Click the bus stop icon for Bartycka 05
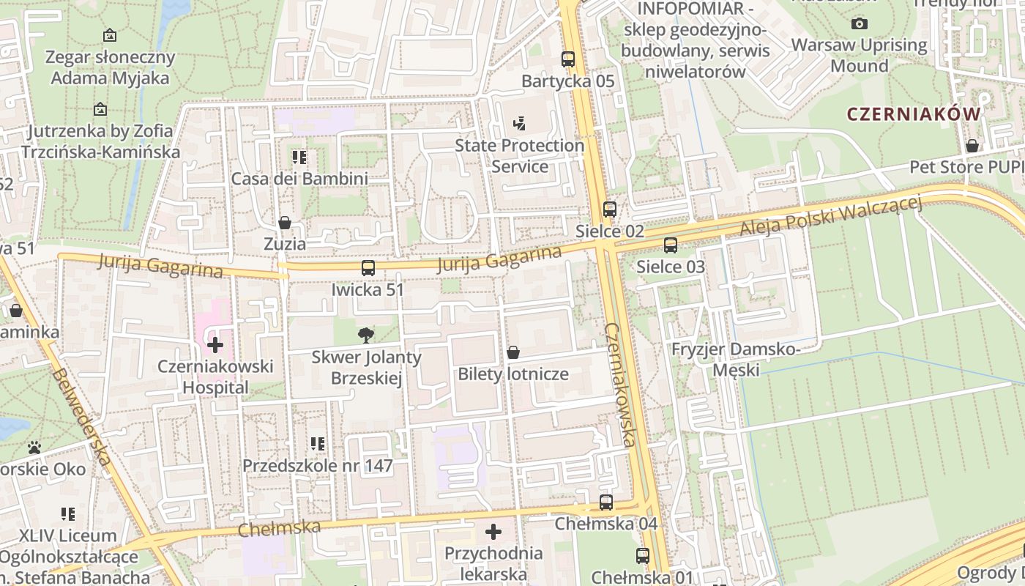click(x=568, y=59)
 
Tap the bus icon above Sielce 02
click(x=610, y=209)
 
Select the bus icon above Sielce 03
click(x=671, y=245)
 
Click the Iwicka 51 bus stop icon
click(x=368, y=268)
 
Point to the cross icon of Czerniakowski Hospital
click(x=215, y=344)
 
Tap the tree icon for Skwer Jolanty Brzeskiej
click(x=366, y=335)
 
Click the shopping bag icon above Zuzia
click(x=285, y=222)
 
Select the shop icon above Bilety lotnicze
click(x=513, y=352)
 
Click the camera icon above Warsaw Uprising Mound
click(x=860, y=23)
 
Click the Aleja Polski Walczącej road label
click(x=830, y=217)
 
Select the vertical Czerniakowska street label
click(x=620, y=384)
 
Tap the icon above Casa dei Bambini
click(x=299, y=157)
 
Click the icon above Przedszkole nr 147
click(x=317, y=444)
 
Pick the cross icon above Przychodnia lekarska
click(x=493, y=531)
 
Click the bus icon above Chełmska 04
click(x=606, y=502)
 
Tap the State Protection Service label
click(x=519, y=155)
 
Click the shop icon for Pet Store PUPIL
click(x=972, y=146)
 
